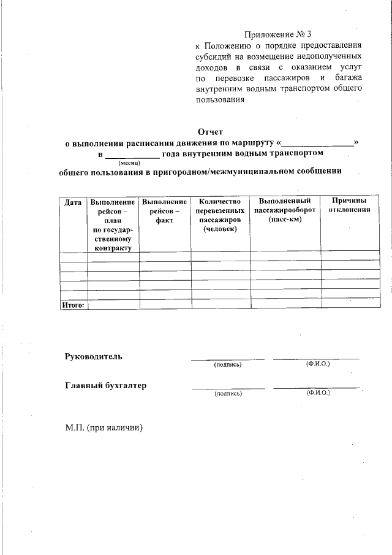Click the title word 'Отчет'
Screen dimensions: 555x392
pyautogui.click(x=211, y=131)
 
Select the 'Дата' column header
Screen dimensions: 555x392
pyautogui.click(x=73, y=202)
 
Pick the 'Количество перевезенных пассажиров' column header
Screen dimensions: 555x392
pyautogui.click(x=219, y=215)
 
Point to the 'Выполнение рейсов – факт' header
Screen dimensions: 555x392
pyautogui.click(x=164, y=210)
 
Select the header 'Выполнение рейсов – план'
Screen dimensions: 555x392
pyautogui.click(x=113, y=224)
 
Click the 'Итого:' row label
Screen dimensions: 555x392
pyautogui.click(x=73, y=304)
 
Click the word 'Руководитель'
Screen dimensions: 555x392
pyautogui.click(x=94, y=356)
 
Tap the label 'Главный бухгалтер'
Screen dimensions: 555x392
pyautogui.click(x=105, y=386)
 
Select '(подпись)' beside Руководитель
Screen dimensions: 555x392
pyautogui.click(x=228, y=365)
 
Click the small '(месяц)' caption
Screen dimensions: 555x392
pyautogui.click(x=130, y=163)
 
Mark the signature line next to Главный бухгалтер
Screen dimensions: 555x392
pyautogui.click(x=228, y=388)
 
